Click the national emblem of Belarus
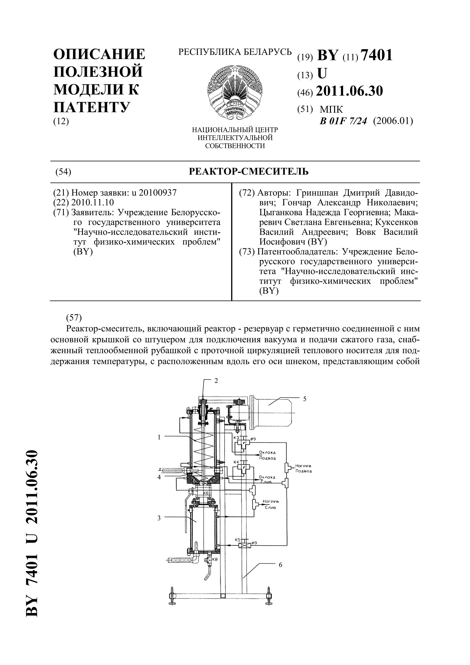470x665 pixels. (235, 92)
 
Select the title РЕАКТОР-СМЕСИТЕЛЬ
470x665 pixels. (249, 172)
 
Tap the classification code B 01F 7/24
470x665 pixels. (343, 121)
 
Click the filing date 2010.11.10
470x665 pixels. (93, 202)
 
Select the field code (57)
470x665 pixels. (74, 318)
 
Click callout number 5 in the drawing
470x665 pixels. (305, 399)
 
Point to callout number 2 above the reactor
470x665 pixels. (216, 381)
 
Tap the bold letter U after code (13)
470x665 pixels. (322, 74)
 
